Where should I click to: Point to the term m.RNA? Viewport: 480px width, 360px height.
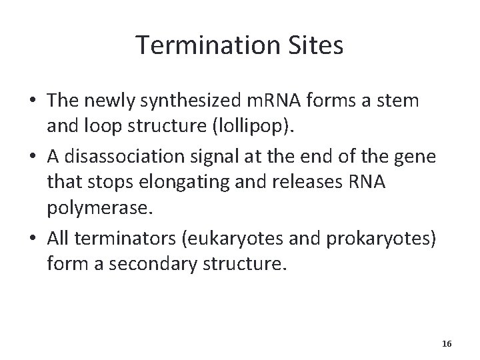[265, 101]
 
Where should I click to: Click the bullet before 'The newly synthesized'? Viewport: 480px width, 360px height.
[33, 101]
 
